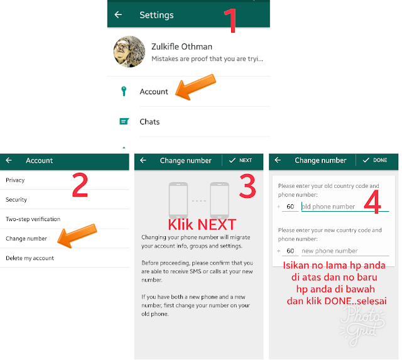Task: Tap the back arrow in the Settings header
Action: pos(118,15)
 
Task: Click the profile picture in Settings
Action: pos(129,52)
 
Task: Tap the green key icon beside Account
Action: pos(124,91)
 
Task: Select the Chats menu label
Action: pos(149,121)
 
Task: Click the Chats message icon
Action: pos(124,121)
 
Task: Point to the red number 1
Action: pos(231,21)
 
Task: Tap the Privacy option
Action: pos(15,180)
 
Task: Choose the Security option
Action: pos(16,200)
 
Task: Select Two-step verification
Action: pos(33,219)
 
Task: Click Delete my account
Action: pos(30,258)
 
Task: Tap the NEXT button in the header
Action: pos(241,160)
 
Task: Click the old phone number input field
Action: pos(345,207)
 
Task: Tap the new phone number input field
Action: pos(345,251)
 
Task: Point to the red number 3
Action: pos(247,186)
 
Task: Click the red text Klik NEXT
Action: pos(202,225)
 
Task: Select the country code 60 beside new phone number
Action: pos(290,251)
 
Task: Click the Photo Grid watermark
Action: pos(362,325)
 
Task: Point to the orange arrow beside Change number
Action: pos(77,236)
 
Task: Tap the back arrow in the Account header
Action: pos(9,160)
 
